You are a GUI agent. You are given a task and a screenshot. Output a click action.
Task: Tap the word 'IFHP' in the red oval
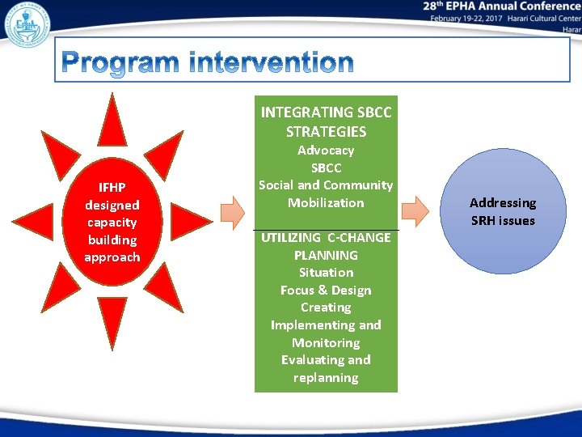coord(112,188)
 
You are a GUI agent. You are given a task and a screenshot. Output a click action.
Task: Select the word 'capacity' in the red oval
coord(112,223)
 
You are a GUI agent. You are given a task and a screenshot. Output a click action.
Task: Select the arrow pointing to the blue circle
coord(415,212)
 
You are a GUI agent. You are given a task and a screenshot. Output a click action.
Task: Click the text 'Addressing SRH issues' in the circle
coord(502,212)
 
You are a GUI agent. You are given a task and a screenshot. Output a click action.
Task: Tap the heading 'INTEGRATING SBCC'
coord(326,112)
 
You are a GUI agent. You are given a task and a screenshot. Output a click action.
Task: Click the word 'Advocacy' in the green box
coord(326,151)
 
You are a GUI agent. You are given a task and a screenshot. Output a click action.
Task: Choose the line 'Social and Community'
coord(326,185)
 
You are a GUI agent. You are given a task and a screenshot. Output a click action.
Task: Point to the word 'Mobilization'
coord(326,203)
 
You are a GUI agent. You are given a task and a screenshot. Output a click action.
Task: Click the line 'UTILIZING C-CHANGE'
coord(326,238)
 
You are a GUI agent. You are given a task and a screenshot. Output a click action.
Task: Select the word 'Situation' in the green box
coord(326,273)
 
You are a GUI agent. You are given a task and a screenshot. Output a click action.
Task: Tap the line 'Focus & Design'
coord(326,291)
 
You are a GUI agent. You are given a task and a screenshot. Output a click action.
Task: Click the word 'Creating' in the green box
coord(326,308)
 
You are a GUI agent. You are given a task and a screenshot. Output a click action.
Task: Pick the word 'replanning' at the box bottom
coord(326,378)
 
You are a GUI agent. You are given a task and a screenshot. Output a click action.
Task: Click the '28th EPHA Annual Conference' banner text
coord(501,6)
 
